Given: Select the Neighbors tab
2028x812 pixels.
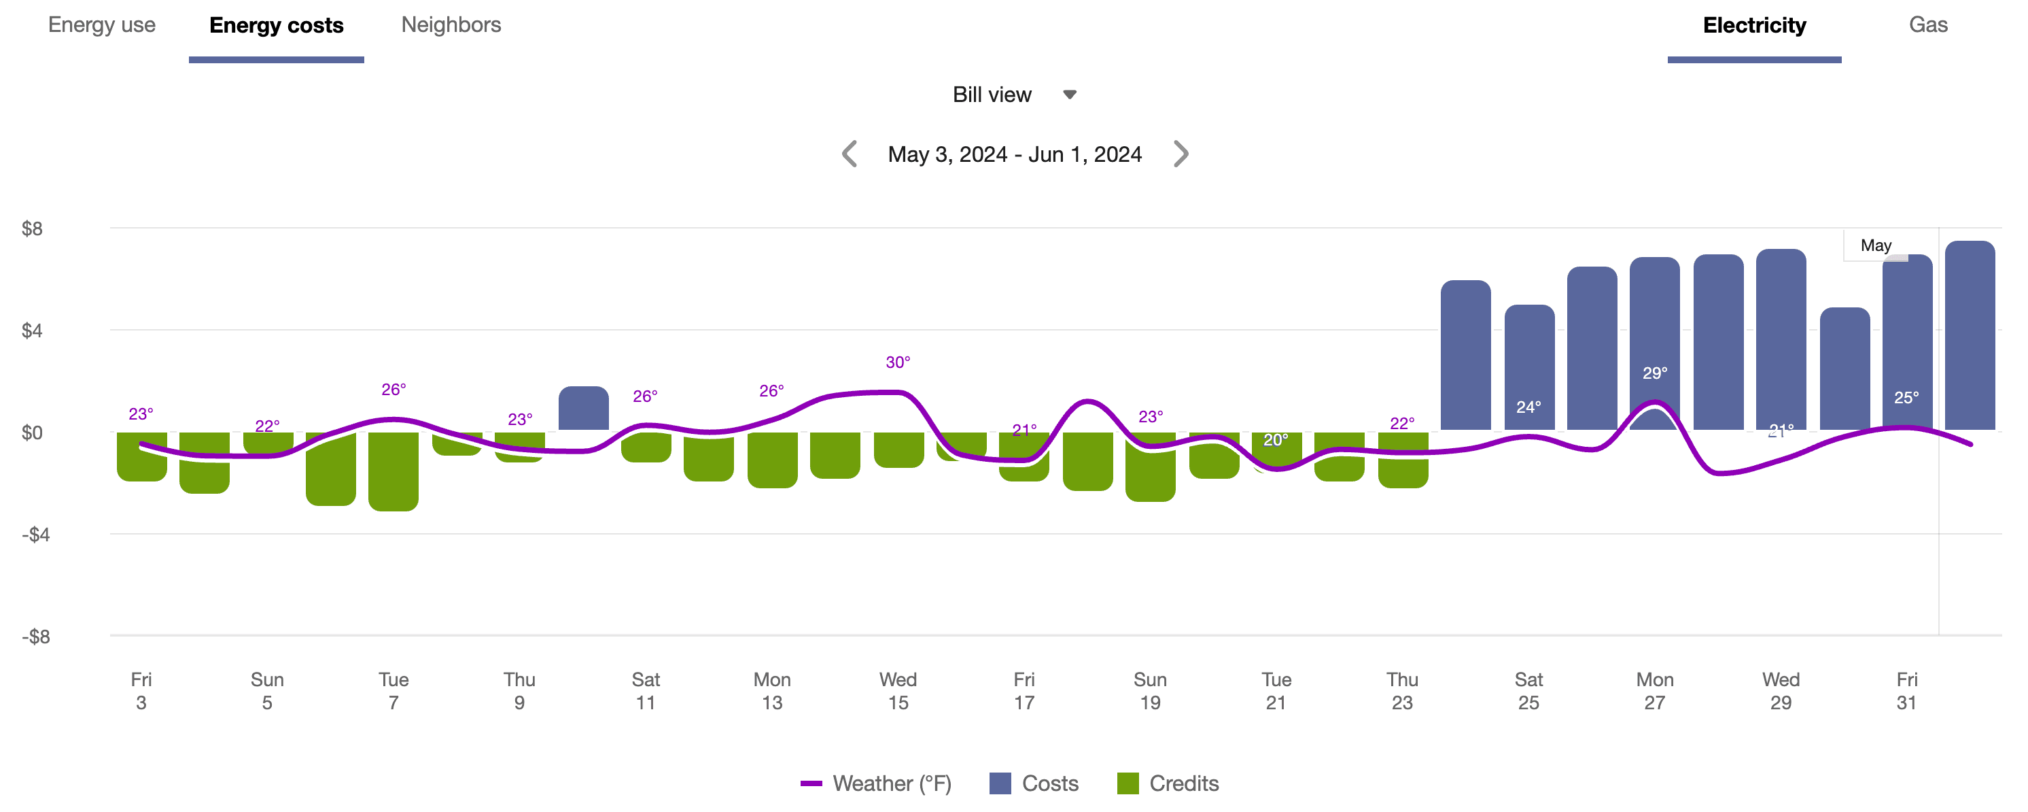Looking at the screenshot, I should tap(451, 25).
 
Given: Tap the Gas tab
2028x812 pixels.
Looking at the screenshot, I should tap(1927, 25).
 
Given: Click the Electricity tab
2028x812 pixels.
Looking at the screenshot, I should tap(1753, 26).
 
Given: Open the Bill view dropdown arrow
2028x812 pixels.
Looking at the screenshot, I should tap(1069, 95).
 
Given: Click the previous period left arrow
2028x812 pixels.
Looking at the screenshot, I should tap(849, 154).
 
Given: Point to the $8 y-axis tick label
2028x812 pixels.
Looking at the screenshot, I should tap(32, 229).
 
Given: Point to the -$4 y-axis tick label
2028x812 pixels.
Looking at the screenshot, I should tap(35, 535).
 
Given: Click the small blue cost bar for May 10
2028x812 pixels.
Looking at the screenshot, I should tap(583, 408).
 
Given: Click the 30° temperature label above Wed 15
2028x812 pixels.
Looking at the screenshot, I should tap(898, 362).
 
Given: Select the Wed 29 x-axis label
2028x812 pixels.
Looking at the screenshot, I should tap(1780, 691).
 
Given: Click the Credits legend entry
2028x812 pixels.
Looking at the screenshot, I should tap(1168, 783).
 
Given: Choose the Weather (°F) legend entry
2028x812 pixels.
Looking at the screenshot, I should tap(875, 783).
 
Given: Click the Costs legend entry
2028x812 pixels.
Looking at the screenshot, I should tap(1034, 783).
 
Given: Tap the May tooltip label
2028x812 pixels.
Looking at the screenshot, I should tap(1875, 246).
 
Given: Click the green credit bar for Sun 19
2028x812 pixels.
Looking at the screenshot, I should tap(1149, 473).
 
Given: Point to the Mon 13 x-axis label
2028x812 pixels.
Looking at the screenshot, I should tap(771, 691).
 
